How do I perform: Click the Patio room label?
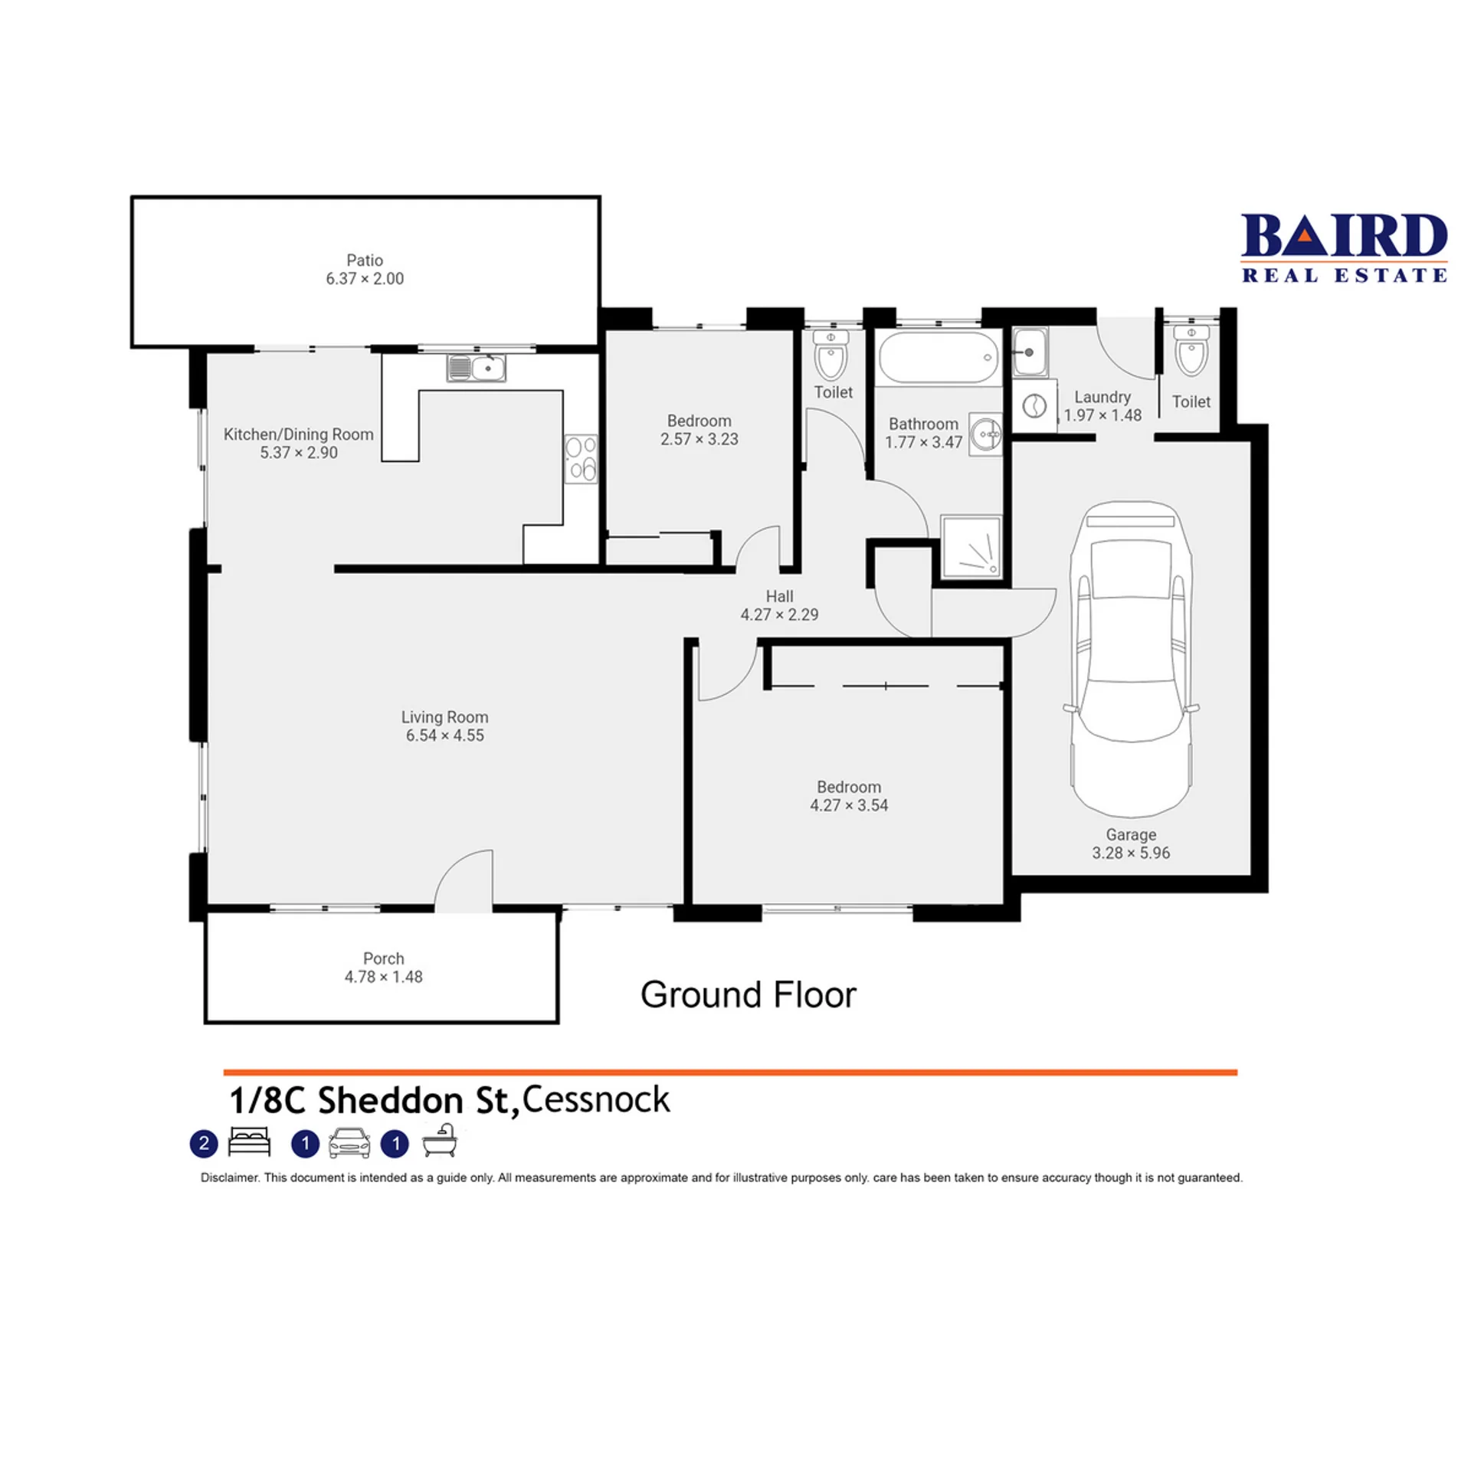(365, 260)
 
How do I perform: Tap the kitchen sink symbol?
(476, 368)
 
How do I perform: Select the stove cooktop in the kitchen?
(582, 458)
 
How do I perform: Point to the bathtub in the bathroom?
(939, 357)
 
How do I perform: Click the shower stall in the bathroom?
(971, 545)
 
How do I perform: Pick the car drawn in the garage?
(1131, 660)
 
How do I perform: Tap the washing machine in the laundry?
(1034, 405)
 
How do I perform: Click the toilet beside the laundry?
(1191, 350)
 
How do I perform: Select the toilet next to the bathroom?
(831, 355)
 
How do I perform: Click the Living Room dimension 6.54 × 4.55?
(445, 735)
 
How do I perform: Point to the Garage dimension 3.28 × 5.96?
(1131, 853)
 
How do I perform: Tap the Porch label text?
(383, 958)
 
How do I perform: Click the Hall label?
(779, 596)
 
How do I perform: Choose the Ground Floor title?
(748, 994)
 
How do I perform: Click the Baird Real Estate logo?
(1344, 247)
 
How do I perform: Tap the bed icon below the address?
(250, 1141)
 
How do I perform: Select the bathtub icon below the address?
(440, 1140)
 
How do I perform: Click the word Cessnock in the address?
(596, 1099)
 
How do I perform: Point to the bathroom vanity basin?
(985, 434)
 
